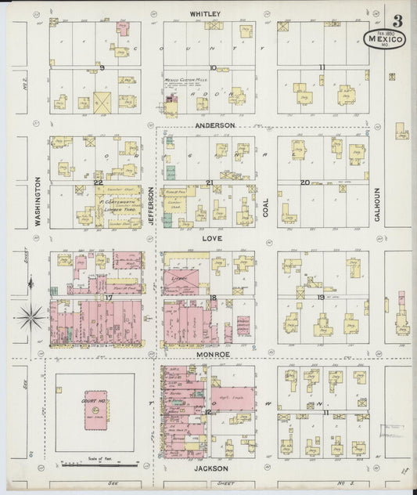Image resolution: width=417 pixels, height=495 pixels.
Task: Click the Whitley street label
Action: tap(205, 13)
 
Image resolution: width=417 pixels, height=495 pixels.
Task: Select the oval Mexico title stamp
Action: tap(384, 38)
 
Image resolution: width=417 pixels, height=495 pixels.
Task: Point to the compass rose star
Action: tap(32, 317)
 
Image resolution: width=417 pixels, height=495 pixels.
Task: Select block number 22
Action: tap(98, 182)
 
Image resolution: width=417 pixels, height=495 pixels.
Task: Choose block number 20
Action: tap(306, 182)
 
